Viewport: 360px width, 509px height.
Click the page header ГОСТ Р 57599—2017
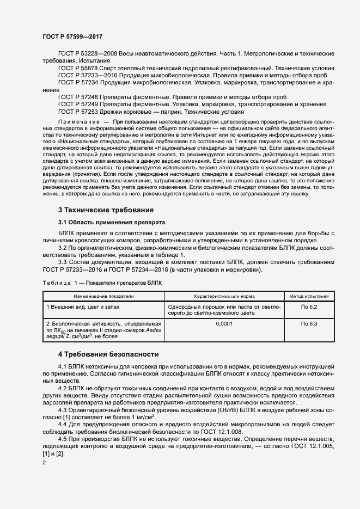coord(72,36)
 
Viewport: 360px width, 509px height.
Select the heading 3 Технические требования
coord(106,210)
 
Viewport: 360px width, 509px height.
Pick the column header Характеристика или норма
coord(225,297)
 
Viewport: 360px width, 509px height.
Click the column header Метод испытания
coord(309,297)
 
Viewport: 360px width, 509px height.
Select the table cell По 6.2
coord(309,307)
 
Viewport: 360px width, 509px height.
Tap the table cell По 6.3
coord(309,324)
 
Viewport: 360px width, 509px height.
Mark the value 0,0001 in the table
coord(225,324)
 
